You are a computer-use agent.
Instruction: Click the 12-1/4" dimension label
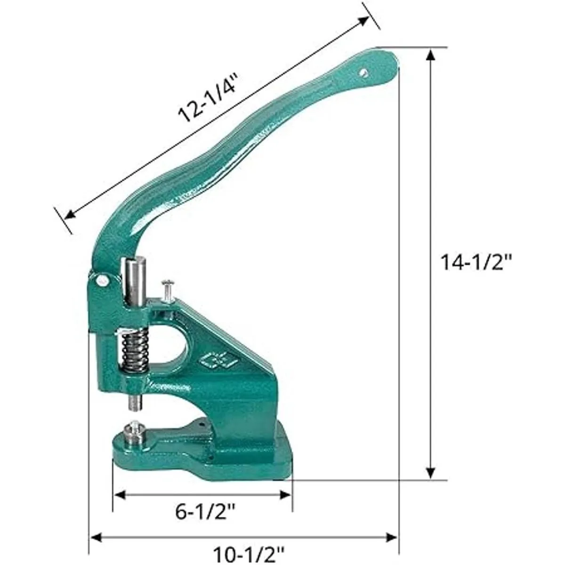208,98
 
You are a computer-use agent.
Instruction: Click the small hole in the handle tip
364,73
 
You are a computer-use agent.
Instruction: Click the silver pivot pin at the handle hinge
103,279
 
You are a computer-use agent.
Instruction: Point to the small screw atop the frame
167,291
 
